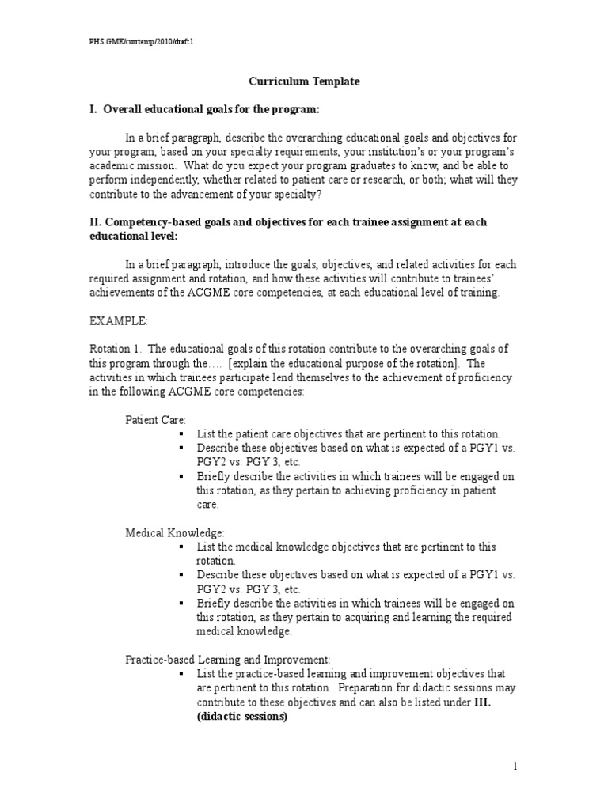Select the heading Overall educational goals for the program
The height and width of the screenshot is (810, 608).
coord(212,108)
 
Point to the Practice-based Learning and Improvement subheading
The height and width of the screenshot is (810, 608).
coord(227,659)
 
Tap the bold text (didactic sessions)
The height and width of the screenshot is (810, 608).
coord(242,717)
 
